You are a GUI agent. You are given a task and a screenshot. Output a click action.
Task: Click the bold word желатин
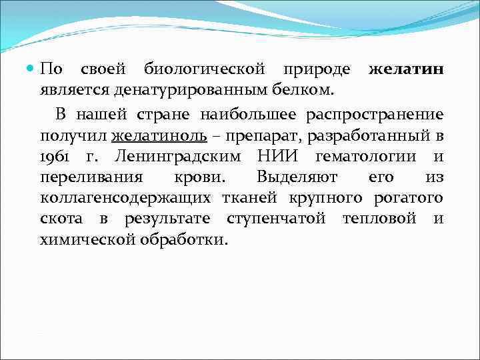coord(406,69)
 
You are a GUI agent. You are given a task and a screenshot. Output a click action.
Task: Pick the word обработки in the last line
coord(183,239)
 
